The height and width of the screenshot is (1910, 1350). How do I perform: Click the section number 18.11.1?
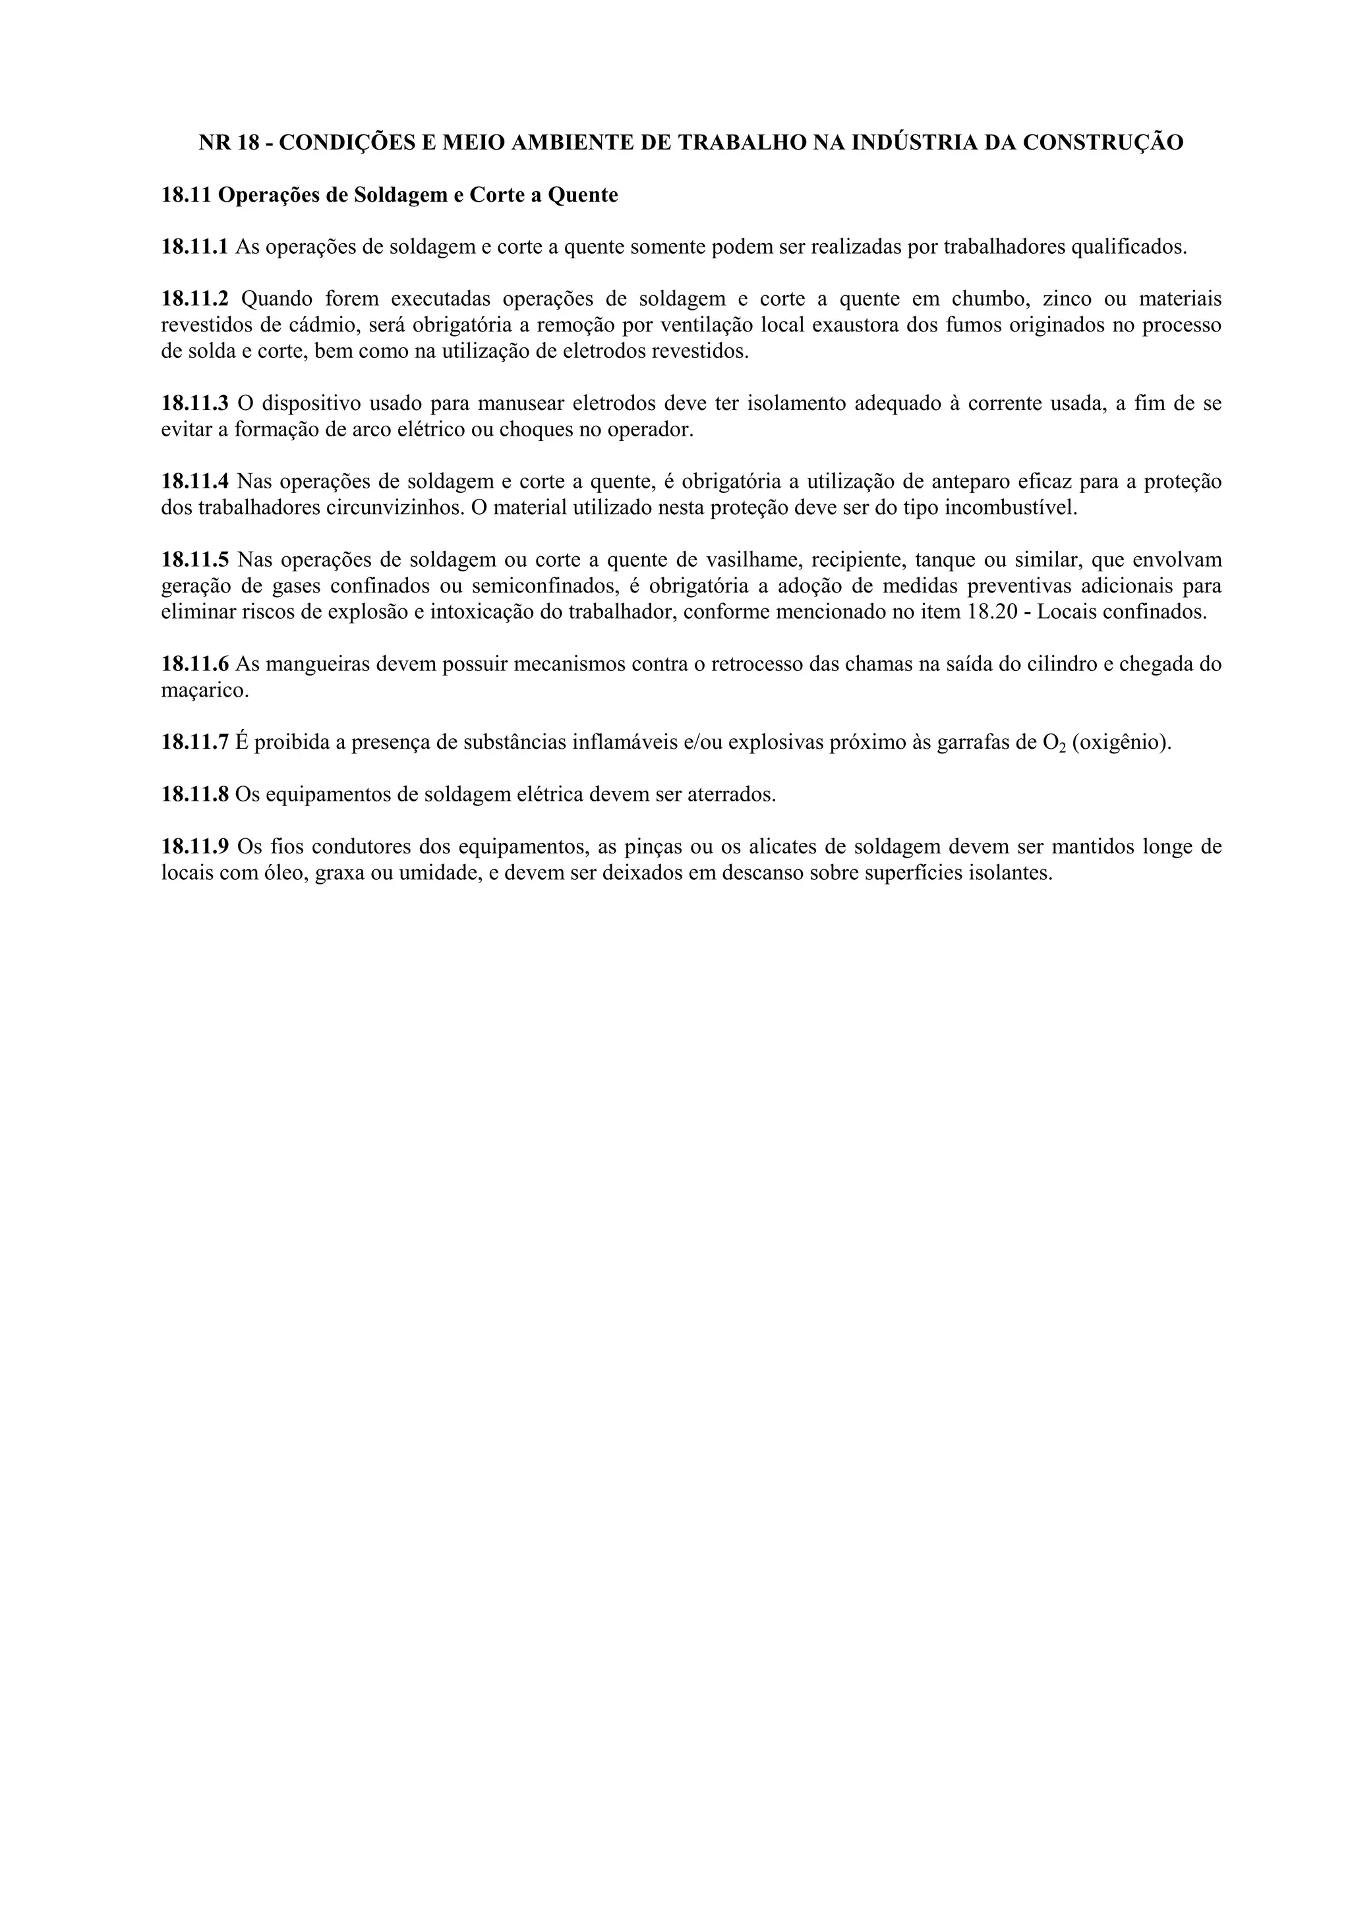194,247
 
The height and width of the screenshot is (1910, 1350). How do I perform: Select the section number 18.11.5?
194,560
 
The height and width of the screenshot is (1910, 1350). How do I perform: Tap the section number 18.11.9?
194,848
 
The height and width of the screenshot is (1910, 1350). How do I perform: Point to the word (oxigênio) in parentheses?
1121,743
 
